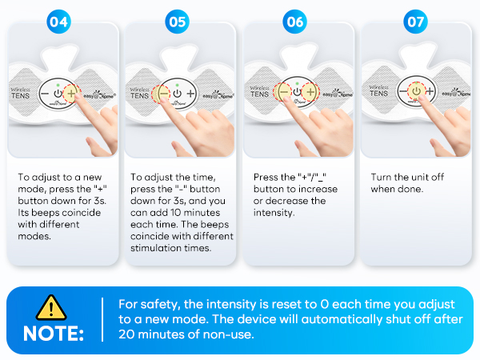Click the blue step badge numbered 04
58,22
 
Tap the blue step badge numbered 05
178,22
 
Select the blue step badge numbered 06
294,22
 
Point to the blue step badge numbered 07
415,22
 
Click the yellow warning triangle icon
51,308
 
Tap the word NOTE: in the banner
54,334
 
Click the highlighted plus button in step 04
72,93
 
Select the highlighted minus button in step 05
162,94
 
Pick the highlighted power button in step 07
416,91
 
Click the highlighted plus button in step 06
310,92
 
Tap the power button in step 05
178,94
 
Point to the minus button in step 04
45,94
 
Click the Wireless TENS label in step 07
378,91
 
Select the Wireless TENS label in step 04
21,94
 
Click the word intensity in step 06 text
274,213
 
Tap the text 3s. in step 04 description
100,201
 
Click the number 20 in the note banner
126,334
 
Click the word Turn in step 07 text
381,178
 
